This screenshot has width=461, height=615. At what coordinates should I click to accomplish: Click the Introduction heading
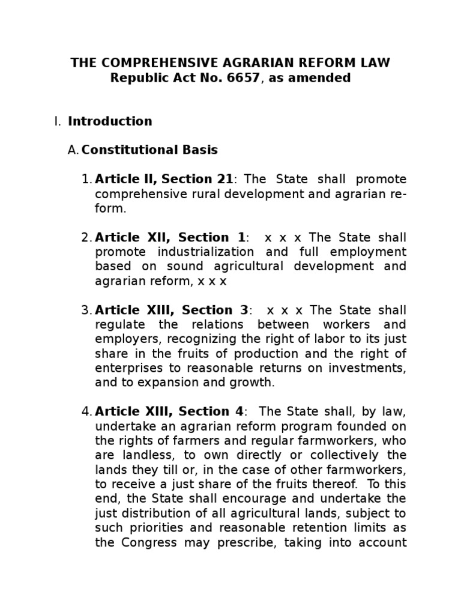[110, 121]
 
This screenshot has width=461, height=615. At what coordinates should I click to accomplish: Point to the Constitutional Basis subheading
[149, 150]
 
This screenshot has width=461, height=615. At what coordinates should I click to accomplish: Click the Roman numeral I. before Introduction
[58, 121]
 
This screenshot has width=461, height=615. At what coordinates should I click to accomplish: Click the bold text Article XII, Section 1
[170, 237]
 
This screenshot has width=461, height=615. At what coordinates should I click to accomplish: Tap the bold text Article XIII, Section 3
[172, 310]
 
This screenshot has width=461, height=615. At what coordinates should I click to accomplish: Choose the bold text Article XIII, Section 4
[169, 411]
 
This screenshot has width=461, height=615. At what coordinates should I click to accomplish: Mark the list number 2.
[86, 237]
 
